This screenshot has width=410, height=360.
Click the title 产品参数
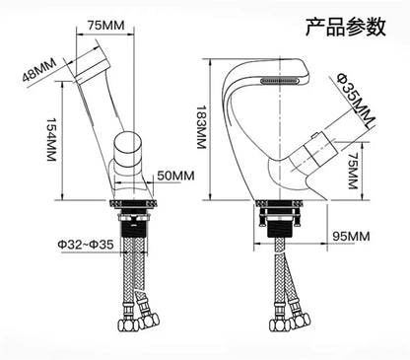pos(346,27)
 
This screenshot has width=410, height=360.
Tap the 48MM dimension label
pos(39,70)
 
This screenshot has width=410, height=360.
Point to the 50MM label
pos(175,176)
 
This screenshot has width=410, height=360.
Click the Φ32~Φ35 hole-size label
pos(86,245)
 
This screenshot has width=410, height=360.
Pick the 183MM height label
pos(201,127)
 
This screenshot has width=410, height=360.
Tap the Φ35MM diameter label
pos(356,98)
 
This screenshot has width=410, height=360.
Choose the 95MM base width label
pos(351,236)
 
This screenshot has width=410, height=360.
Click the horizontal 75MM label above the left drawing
pos(105,26)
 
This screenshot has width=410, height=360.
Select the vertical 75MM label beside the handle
pos(353,171)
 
